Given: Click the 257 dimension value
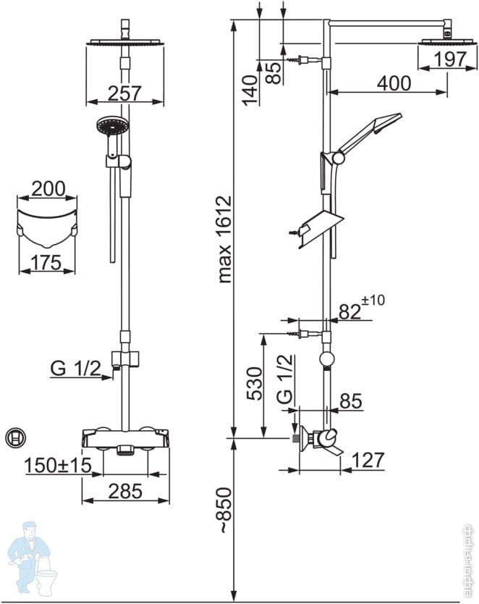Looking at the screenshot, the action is (x=124, y=93).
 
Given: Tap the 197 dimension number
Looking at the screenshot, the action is (x=450, y=59).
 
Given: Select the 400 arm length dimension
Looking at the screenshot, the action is (x=394, y=83).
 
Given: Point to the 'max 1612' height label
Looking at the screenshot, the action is (x=225, y=239).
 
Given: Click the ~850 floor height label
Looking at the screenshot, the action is (x=225, y=511).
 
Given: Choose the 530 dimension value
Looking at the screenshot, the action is (x=254, y=384).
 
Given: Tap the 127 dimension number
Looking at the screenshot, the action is (x=368, y=460).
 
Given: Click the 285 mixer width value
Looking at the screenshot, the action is (x=125, y=492).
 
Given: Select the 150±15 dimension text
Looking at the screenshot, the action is (x=58, y=466).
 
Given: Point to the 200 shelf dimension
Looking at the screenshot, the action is (x=48, y=189).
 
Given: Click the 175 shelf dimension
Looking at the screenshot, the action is (x=46, y=263).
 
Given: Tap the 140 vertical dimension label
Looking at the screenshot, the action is (x=250, y=91).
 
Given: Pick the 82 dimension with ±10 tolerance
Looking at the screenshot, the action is (x=362, y=309).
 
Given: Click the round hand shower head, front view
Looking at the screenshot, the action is (x=113, y=126).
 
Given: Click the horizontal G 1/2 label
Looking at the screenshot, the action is (x=75, y=369).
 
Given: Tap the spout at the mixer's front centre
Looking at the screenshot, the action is (x=125, y=450).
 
